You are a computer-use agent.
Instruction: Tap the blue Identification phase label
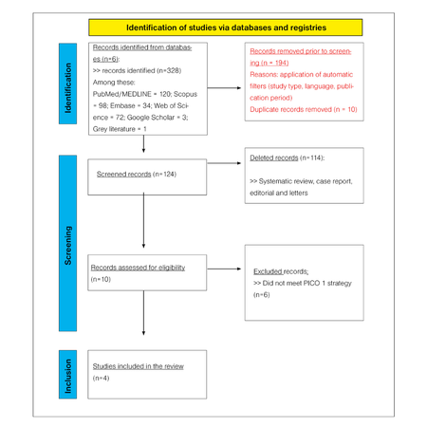click(68, 88)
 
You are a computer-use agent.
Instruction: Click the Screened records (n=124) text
click(137, 174)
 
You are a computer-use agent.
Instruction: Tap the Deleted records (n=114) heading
click(286, 157)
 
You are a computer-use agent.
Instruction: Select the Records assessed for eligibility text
click(138, 268)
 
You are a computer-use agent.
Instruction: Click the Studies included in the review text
click(138, 365)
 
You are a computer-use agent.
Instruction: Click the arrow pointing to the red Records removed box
click(224, 88)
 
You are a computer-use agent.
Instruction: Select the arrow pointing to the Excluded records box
click(224, 269)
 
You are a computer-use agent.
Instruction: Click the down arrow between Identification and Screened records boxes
click(143, 143)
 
